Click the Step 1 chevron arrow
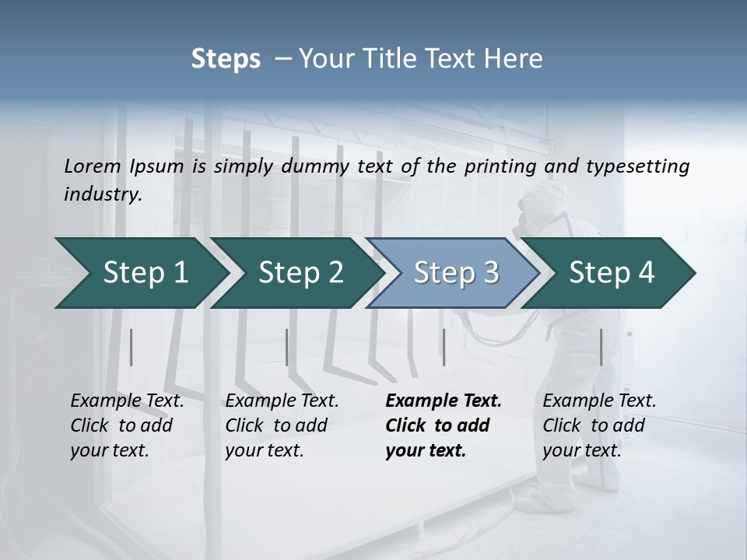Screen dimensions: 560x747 tap(140, 273)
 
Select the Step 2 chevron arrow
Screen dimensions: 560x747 tap(300, 273)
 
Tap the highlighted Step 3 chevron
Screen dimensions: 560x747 tap(454, 273)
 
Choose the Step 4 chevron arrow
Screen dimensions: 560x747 tap(611, 273)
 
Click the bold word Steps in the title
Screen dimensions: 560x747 tap(226, 59)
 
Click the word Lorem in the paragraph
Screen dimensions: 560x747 tap(93, 166)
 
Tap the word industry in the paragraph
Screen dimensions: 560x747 tap(103, 194)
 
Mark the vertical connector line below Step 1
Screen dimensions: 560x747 tap(132, 347)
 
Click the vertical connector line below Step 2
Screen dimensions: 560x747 tap(287, 347)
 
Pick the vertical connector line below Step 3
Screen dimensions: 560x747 tap(444, 347)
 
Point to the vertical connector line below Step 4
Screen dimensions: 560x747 tap(601, 347)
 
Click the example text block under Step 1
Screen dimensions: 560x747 tap(127, 425)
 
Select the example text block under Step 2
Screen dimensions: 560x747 tap(282, 425)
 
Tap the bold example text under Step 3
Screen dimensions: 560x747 tap(443, 425)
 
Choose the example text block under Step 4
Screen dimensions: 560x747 tap(599, 425)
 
